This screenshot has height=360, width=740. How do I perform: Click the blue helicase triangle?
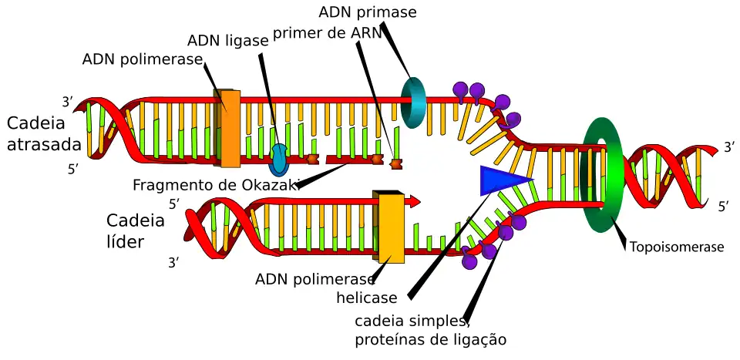(501, 180)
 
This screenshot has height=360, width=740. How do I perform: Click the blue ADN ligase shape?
(279, 158)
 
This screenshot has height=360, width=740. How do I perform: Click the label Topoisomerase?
(677, 247)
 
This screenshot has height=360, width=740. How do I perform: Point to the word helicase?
(367, 298)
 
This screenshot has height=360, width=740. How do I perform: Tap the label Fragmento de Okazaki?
(215, 185)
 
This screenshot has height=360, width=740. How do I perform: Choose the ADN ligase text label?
(227, 41)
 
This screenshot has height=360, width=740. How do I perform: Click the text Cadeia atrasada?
(44, 133)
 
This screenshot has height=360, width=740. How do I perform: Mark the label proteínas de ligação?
(430, 339)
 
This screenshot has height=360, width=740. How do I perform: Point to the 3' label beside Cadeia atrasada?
(68, 102)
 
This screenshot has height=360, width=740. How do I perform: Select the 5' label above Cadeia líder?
(174, 204)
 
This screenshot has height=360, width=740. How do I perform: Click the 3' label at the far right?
(728, 147)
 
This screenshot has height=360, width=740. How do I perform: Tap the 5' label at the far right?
(724, 207)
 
